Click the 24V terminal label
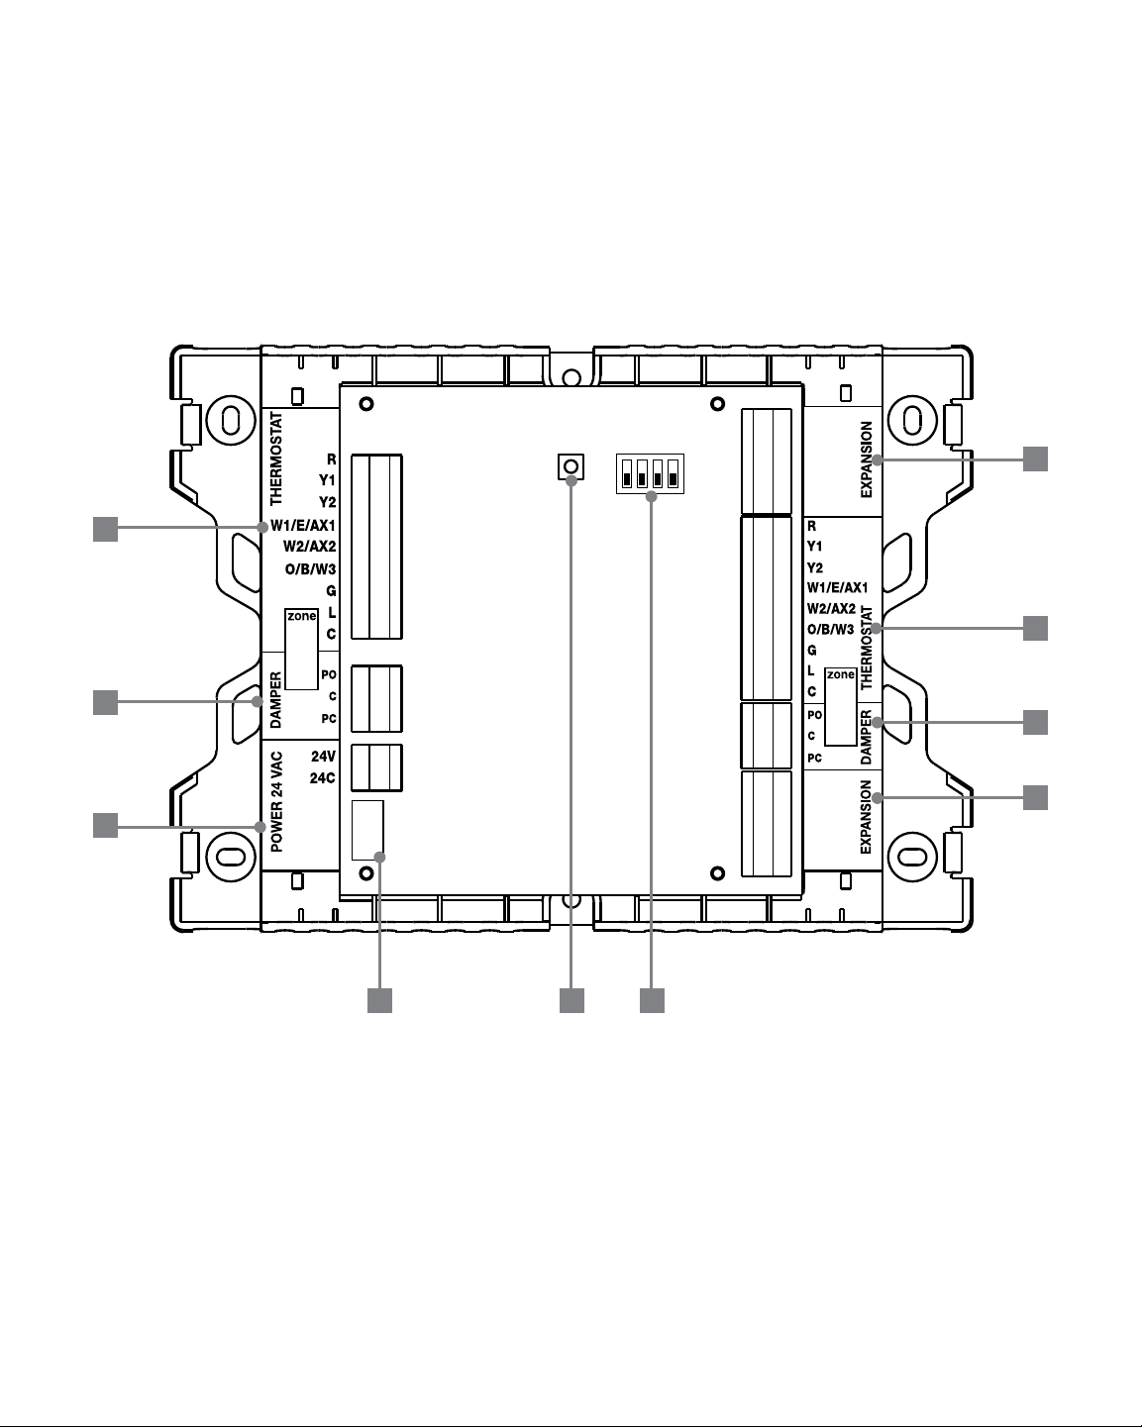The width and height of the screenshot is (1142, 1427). click(324, 756)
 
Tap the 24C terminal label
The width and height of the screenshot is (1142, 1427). click(323, 777)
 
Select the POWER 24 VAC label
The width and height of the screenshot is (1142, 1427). click(276, 802)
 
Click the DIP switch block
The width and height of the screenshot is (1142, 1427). click(650, 473)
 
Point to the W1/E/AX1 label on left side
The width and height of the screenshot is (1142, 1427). click(303, 526)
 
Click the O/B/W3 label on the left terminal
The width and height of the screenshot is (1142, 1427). click(310, 569)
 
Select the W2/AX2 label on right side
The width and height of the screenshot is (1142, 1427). click(831, 609)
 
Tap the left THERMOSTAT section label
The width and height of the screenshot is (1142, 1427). click(276, 459)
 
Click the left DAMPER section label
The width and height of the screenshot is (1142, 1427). click(276, 699)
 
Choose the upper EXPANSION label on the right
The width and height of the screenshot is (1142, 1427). click(866, 459)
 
